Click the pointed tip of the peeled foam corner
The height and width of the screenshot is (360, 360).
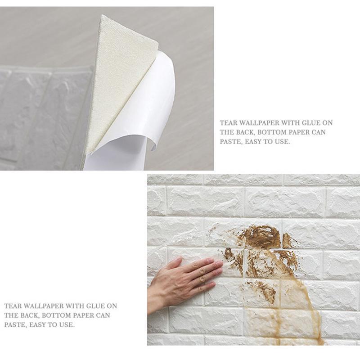(x=103, y=18)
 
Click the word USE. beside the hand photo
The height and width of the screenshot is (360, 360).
(x=67, y=324)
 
